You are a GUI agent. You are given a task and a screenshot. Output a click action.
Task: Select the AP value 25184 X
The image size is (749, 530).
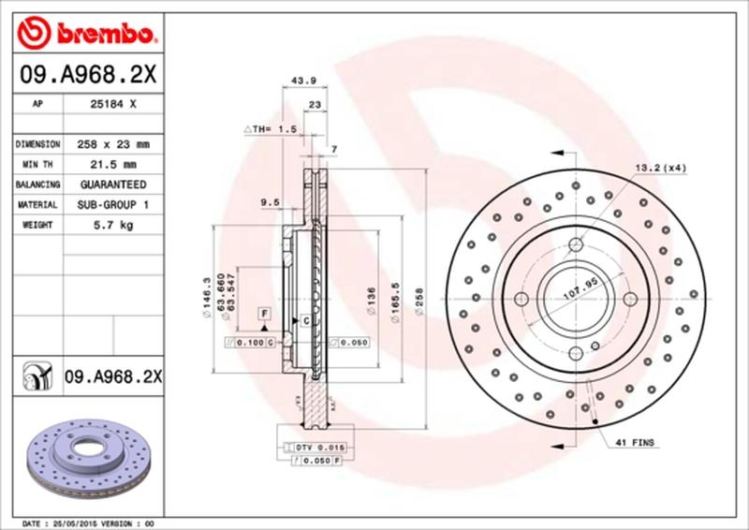point(114,105)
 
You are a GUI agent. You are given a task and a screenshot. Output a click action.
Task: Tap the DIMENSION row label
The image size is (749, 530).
point(38,145)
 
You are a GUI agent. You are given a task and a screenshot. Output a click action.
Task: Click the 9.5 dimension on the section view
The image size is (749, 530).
point(271,201)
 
